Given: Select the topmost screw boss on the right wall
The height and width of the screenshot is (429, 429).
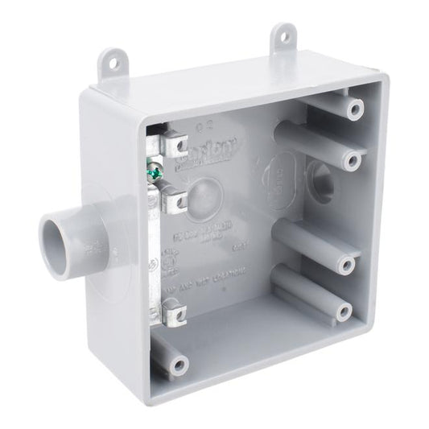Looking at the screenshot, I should [351, 109].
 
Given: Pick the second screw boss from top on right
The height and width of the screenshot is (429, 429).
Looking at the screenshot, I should [349, 161].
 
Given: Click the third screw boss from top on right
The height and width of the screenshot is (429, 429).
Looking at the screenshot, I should [347, 264].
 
